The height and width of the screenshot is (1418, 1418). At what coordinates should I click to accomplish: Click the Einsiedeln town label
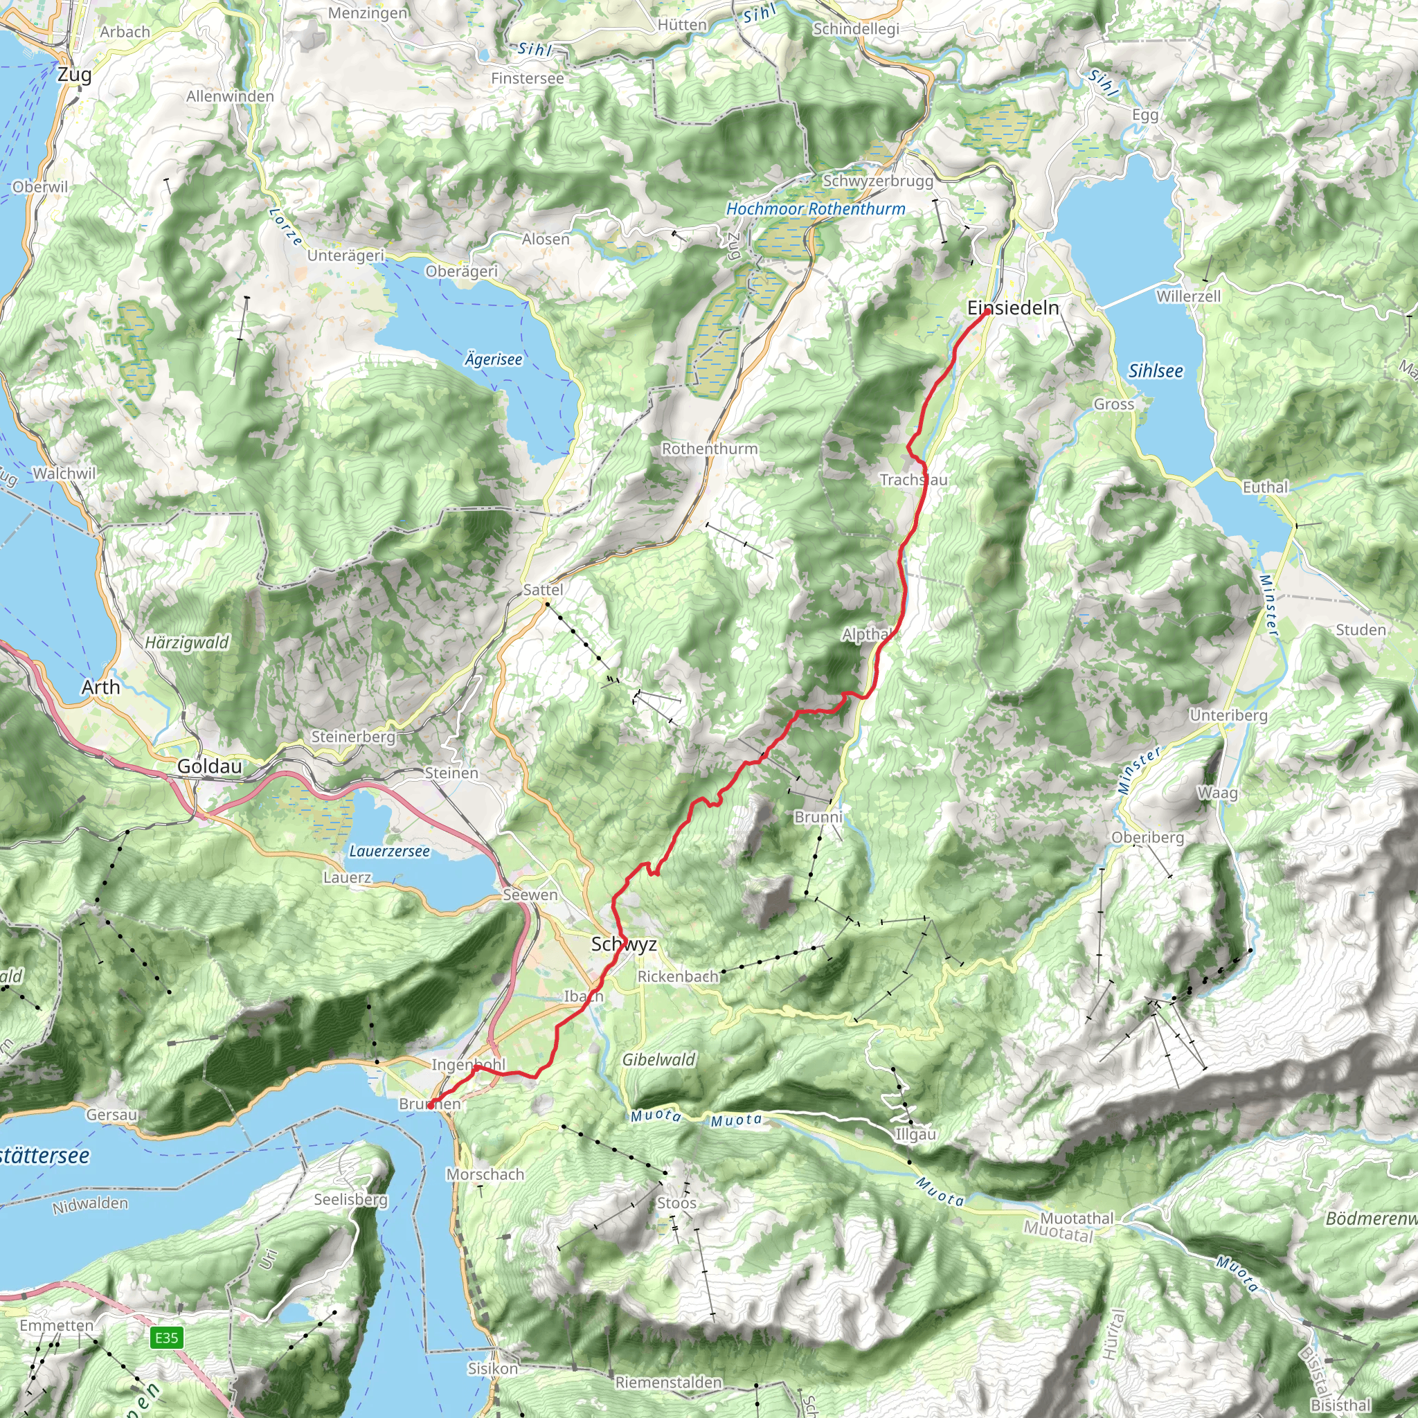click(1013, 307)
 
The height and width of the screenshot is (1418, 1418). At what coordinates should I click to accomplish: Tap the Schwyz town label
click(624, 944)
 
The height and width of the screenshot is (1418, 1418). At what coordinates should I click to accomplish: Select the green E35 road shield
click(167, 1337)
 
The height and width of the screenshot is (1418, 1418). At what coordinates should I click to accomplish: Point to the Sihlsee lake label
click(1156, 370)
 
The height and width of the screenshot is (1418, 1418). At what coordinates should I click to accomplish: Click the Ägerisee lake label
click(493, 359)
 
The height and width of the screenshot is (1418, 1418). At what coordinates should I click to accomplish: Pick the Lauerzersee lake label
click(389, 851)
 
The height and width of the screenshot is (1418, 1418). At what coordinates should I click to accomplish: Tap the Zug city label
click(74, 74)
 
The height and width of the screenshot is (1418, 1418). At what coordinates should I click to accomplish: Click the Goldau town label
click(209, 766)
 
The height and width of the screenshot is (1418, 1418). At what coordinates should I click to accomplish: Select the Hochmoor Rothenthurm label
click(816, 208)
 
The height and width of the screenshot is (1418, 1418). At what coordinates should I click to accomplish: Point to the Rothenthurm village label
click(709, 448)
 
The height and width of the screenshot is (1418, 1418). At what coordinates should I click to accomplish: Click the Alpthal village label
click(867, 634)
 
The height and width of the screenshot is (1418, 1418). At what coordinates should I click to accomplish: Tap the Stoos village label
click(676, 1202)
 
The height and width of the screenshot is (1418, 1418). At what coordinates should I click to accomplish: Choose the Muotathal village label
click(1077, 1218)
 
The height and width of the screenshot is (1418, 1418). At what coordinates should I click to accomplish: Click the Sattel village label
click(543, 589)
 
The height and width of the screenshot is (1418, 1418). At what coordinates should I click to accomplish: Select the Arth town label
click(100, 687)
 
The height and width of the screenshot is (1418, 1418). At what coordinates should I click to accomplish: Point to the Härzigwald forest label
click(186, 643)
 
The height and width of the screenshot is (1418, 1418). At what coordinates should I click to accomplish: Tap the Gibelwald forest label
click(658, 1059)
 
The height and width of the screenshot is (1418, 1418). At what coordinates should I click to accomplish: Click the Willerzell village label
click(1188, 296)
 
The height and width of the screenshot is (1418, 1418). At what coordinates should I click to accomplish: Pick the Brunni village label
click(818, 817)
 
